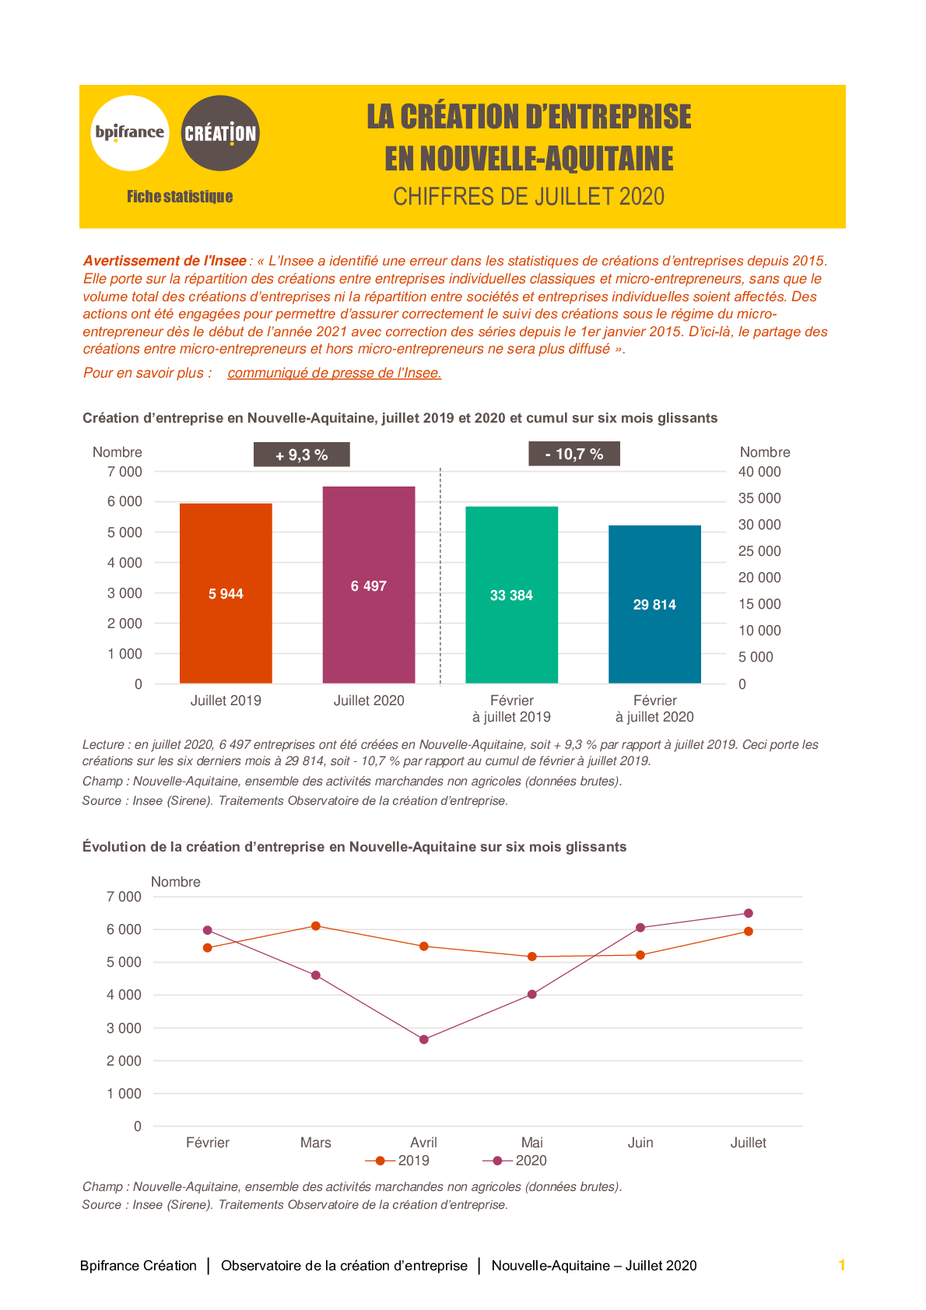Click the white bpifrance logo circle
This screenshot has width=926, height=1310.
tap(130, 133)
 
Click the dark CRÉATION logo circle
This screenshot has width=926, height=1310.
tap(219, 133)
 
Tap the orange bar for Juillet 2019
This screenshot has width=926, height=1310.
tap(226, 593)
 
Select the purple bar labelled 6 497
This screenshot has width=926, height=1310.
tap(369, 585)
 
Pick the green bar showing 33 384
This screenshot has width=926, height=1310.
tap(511, 595)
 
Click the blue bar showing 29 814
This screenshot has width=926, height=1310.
tap(654, 604)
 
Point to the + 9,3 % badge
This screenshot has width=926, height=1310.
tap(302, 455)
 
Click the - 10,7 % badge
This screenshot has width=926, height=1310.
tap(574, 454)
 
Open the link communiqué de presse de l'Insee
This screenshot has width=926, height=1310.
tap(335, 373)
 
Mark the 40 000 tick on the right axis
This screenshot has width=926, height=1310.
tap(759, 472)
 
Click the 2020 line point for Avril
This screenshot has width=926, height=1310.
tap(424, 1039)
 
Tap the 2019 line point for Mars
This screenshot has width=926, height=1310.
tap(316, 925)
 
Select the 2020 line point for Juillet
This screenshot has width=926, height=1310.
tap(749, 913)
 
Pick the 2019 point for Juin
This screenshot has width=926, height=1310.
tap(640, 955)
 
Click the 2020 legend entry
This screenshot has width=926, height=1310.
tap(515, 1161)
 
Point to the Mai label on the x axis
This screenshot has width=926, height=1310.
tap(532, 1142)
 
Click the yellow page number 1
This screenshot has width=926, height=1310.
tap(842, 1266)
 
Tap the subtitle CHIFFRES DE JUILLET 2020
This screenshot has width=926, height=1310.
tap(528, 196)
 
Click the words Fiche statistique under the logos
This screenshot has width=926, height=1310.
tap(180, 196)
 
